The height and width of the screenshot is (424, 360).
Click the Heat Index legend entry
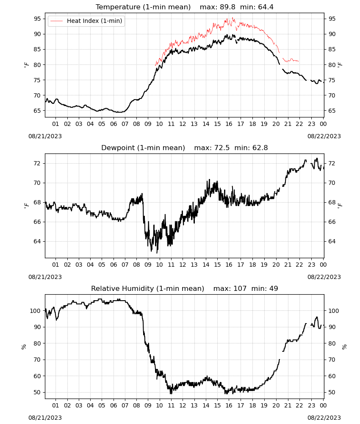click(86, 21)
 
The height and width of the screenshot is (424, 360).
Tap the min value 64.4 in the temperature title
click(266, 7)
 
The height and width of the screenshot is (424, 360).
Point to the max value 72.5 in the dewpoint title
click(222, 148)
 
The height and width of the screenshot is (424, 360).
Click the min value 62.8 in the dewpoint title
click(260, 148)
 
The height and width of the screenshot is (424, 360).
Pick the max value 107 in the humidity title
click(240, 288)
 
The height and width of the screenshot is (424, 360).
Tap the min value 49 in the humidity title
click(274, 288)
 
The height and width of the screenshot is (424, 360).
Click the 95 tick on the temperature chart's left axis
click(38, 19)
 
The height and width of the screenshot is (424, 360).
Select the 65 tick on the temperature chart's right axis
click(332, 111)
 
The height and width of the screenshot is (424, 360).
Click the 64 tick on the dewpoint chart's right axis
click(332, 241)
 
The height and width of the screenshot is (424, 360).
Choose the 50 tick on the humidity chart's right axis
click(332, 392)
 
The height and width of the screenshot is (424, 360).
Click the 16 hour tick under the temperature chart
click(229, 124)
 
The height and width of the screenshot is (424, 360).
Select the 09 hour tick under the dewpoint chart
click(148, 265)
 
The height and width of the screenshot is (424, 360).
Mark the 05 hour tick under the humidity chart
click(102, 405)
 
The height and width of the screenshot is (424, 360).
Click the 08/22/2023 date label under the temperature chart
click(324, 136)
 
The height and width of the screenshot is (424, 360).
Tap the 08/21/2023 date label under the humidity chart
click(45, 418)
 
